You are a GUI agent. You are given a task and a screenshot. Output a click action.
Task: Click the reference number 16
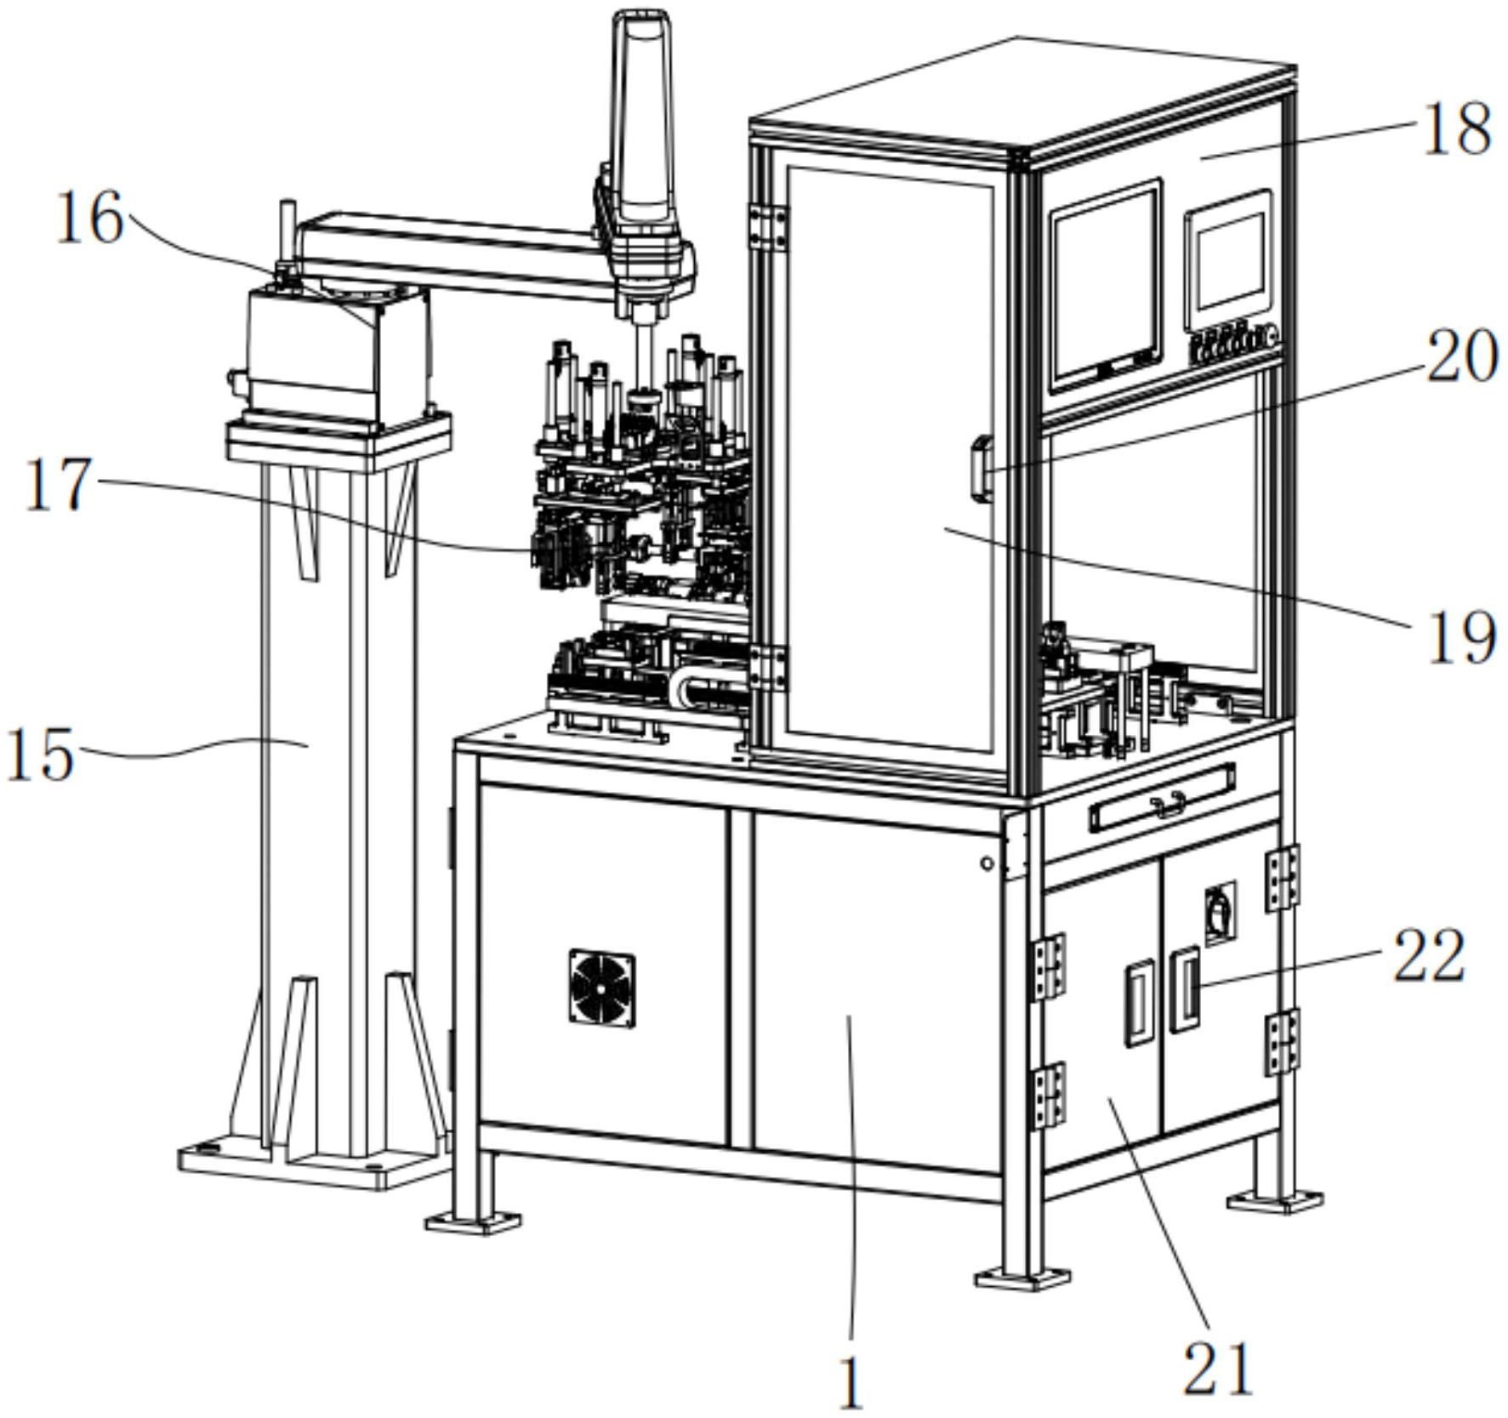click(x=89, y=219)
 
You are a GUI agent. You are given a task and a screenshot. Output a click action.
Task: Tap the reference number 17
click(x=58, y=485)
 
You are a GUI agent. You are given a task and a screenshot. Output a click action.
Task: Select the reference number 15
click(x=39, y=755)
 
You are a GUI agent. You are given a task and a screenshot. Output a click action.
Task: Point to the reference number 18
click(x=1455, y=128)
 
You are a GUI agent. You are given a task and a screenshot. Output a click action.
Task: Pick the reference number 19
click(x=1460, y=637)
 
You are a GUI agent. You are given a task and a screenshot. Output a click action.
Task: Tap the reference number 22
click(x=1428, y=955)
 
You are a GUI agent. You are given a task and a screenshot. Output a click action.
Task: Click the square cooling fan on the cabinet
click(x=602, y=986)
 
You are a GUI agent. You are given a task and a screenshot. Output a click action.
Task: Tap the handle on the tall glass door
click(x=982, y=468)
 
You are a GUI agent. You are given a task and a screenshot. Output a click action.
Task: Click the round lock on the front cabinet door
click(x=987, y=863)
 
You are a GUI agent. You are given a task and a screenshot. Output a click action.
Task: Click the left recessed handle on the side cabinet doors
click(x=1139, y=1004)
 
